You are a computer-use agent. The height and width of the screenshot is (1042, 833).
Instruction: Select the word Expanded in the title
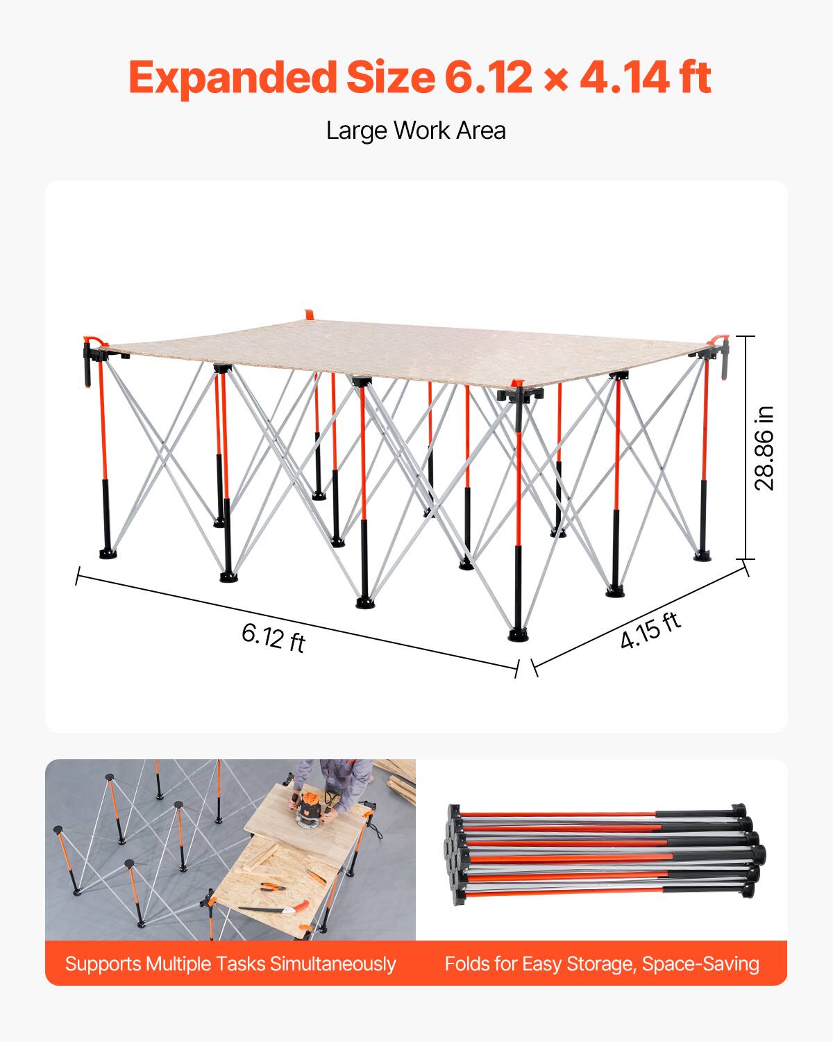[233, 78]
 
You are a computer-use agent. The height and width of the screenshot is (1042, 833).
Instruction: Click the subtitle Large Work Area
[416, 131]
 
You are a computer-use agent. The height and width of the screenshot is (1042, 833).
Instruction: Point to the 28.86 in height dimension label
[764, 448]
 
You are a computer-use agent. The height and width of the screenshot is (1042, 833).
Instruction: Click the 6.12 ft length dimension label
[274, 637]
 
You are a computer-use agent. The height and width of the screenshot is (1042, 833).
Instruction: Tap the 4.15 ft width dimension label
[650, 630]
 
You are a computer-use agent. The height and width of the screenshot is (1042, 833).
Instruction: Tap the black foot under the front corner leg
[518, 634]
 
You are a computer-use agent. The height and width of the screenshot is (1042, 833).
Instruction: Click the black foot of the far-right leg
[702, 556]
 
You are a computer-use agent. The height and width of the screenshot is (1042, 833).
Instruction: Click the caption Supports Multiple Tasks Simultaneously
[230, 964]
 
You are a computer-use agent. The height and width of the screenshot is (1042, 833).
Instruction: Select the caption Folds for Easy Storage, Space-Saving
[602, 964]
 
